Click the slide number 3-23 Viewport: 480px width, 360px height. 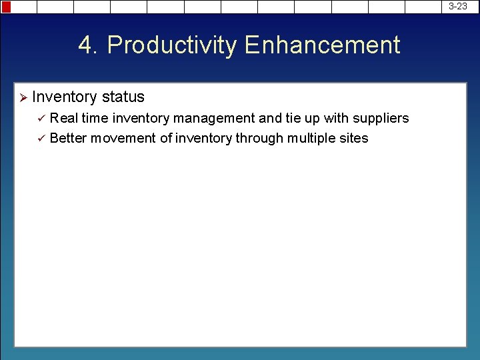(457, 6)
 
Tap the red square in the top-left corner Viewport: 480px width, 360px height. (6, 7)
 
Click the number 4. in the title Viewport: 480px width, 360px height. (89, 45)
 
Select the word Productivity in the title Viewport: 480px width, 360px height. (171, 45)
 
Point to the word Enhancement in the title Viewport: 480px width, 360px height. (322, 45)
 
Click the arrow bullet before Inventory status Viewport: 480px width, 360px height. (22, 97)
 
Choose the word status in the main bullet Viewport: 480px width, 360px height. (123, 97)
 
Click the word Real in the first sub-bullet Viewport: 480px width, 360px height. (63, 118)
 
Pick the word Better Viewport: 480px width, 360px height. (68, 138)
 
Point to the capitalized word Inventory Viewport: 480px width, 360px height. (65, 97)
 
